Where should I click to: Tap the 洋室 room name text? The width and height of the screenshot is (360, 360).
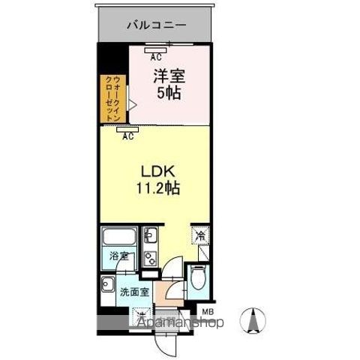pos(169,75)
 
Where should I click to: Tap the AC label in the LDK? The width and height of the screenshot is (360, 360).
pos(128,136)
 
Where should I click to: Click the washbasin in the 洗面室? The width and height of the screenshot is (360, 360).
pos(108,284)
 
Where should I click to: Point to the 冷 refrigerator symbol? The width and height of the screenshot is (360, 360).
pos(200,235)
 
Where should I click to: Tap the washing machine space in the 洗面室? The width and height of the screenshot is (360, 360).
pos(143,315)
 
